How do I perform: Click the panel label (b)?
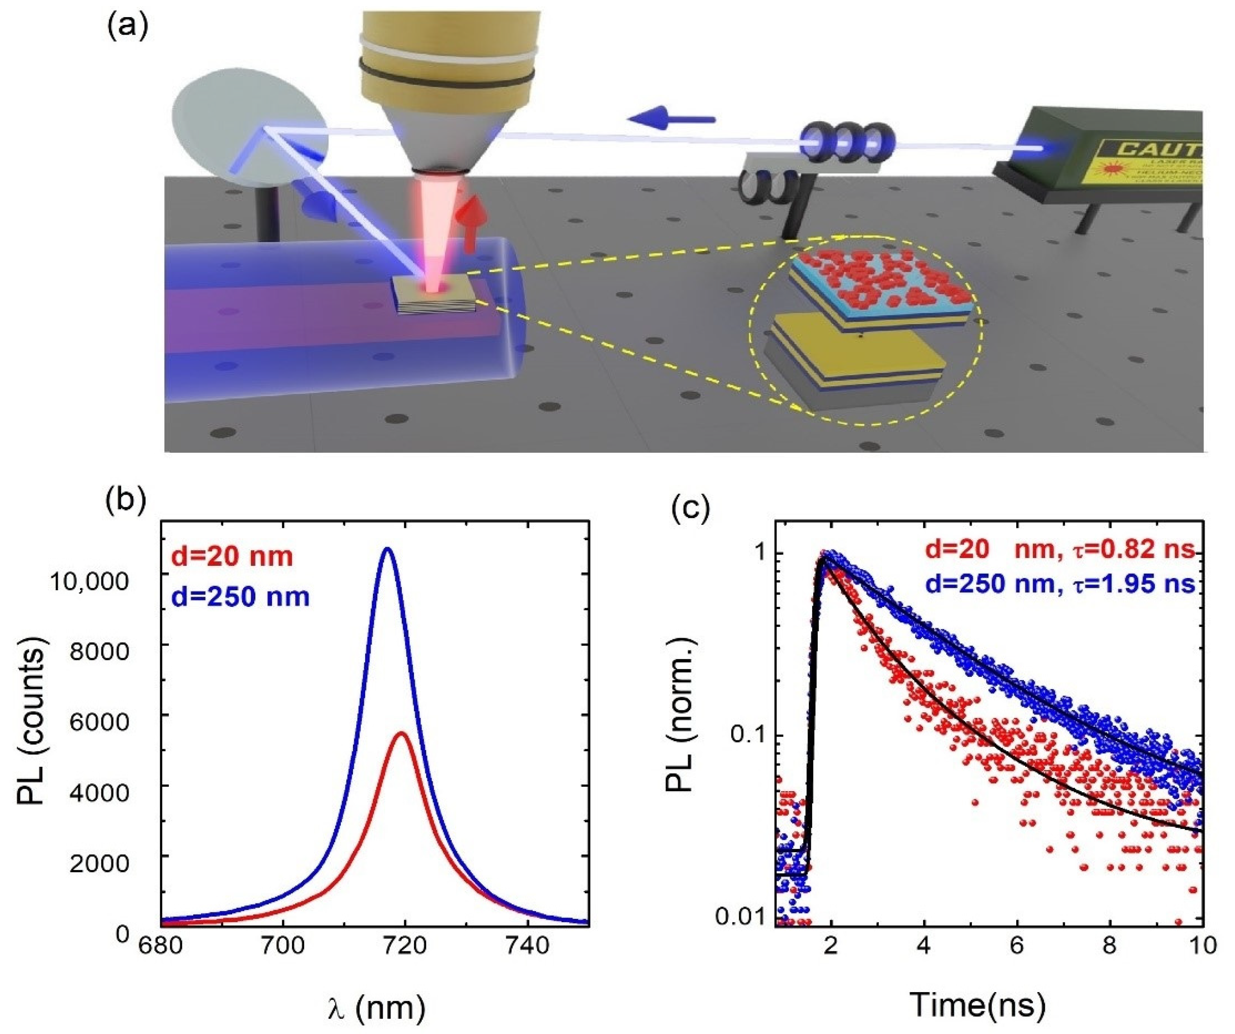click(x=125, y=501)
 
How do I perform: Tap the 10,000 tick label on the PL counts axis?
click(x=89, y=582)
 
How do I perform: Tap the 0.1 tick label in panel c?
click(x=747, y=736)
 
